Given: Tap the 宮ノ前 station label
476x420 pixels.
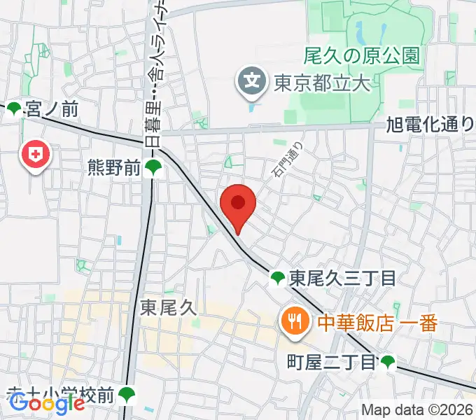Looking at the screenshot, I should click(51, 109).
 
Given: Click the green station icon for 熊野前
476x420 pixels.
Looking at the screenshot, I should click(154, 168).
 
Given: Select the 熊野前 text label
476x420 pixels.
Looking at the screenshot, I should click(115, 167).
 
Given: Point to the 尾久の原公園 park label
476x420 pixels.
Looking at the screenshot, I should click(362, 55).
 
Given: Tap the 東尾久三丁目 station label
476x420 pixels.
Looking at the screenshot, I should click(342, 279).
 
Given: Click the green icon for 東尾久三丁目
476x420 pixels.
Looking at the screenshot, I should click(278, 279).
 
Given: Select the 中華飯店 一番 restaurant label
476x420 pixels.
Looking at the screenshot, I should click(377, 323).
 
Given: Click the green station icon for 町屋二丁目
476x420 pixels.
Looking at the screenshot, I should click(388, 362).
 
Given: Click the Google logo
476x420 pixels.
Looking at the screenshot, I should click(47, 403).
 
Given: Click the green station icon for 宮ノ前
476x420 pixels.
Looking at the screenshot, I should click(14, 109).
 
